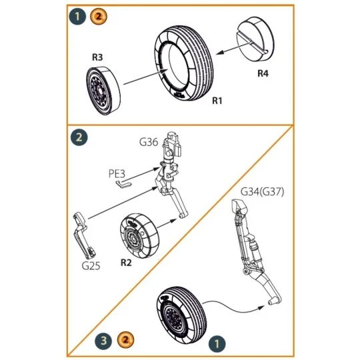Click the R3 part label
click(97, 58)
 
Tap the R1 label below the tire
click(217, 101)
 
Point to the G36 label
click(148, 142)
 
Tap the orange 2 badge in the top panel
click(97, 16)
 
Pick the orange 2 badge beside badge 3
click(123, 340)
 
